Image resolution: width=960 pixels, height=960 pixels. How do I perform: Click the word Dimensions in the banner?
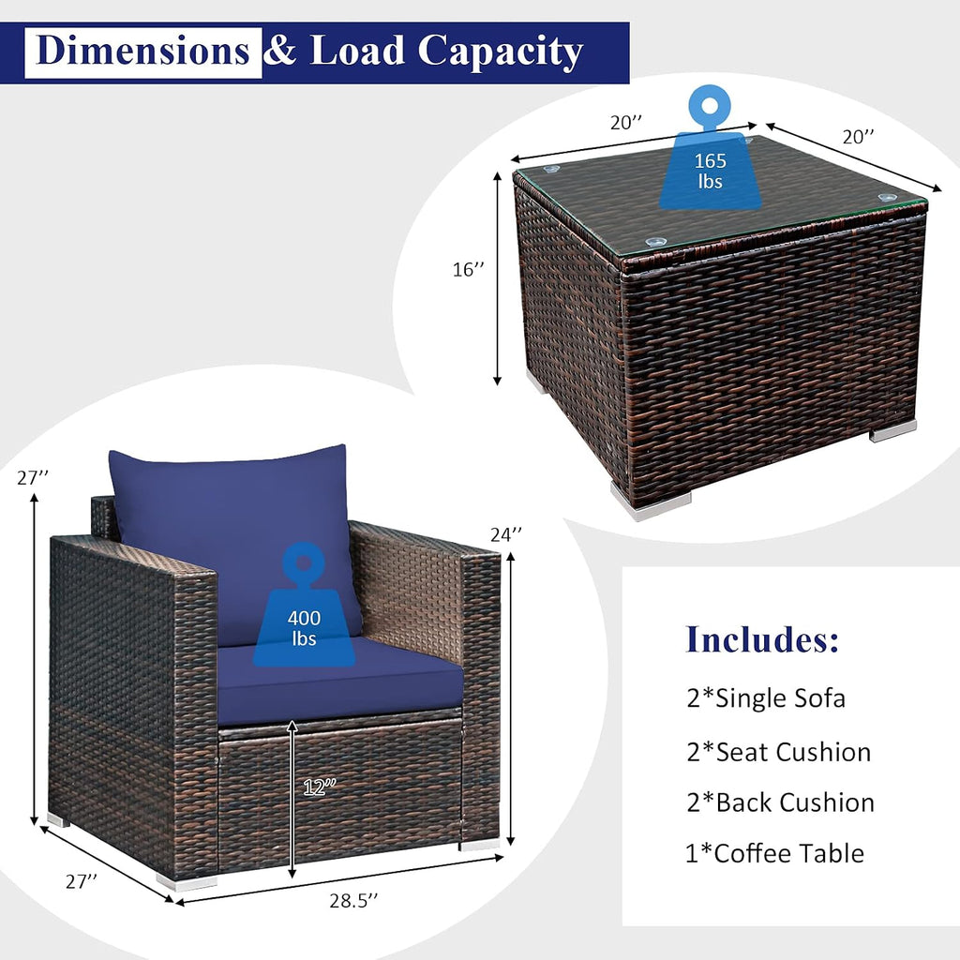coord(142,51)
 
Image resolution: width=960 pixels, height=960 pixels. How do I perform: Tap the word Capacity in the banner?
coord(500,52)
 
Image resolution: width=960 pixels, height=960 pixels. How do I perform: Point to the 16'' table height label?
coord(468,269)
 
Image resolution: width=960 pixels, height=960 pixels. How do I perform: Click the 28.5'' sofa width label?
coord(353,901)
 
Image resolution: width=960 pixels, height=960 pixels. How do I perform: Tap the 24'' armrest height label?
coord(505,534)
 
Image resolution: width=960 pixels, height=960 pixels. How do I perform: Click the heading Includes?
coord(762,638)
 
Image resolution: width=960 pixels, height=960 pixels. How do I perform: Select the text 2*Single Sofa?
coord(766,697)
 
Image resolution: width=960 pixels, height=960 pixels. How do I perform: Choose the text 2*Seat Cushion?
coord(779,752)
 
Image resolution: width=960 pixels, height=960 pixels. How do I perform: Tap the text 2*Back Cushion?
coord(781,802)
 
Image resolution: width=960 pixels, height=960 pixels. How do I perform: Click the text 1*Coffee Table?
coord(774,853)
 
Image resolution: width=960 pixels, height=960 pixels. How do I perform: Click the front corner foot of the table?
coord(651,503)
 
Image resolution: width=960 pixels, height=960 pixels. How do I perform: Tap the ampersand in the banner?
coord(280,51)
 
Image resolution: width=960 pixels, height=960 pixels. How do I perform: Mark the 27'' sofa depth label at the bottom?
coord(82,881)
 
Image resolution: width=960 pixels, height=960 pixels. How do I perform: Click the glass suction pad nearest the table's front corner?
coord(655,241)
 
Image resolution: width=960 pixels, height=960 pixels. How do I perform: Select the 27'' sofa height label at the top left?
coord(33,477)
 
